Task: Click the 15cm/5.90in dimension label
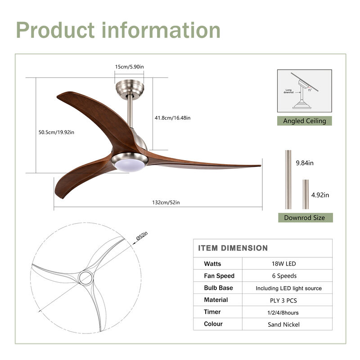point(129,67)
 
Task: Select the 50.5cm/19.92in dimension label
point(56,132)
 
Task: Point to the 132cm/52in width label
point(166,202)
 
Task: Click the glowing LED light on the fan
point(130,165)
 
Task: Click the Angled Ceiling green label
point(304,121)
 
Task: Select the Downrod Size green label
point(304,218)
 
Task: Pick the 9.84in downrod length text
point(305,163)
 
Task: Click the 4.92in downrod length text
point(320,195)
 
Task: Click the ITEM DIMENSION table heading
point(233,248)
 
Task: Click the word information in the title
point(161,30)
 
